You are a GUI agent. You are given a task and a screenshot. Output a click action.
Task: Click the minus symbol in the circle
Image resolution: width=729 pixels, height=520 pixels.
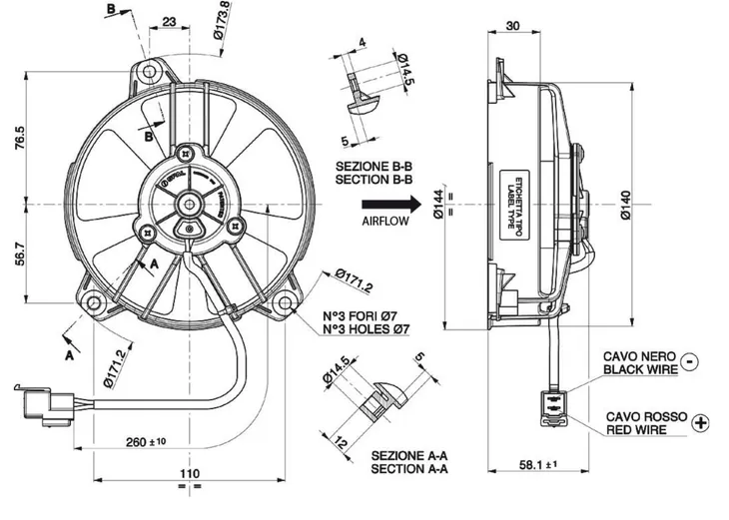pyautogui.click(x=692, y=361)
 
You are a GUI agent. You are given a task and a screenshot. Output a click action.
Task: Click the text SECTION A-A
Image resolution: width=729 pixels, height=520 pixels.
pyautogui.click(x=409, y=468)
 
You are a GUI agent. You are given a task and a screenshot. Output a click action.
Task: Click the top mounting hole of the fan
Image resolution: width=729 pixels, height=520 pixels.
pyautogui.click(x=150, y=71)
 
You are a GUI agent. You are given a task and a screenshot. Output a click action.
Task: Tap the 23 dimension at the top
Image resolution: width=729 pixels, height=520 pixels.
pyautogui.click(x=169, y=21)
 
